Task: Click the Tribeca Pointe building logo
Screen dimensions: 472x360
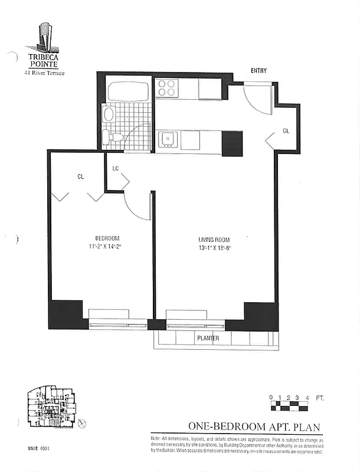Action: click(44, 37)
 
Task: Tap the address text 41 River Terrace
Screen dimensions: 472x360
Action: click(44, 73)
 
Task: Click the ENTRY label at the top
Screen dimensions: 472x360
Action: click(258, 71)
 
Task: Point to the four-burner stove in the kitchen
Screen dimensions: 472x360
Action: click(167, 88)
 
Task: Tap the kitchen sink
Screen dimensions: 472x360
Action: click(168, 139)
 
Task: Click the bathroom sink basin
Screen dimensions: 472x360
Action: click(108, 114)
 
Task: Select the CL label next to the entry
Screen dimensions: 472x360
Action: click(286, 130)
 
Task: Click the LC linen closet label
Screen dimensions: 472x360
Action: click(116, 169)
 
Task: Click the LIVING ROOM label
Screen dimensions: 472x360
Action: click(214, 240)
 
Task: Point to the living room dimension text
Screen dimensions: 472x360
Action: click(214, 248)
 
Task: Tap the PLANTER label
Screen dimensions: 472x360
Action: click(208, 339)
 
